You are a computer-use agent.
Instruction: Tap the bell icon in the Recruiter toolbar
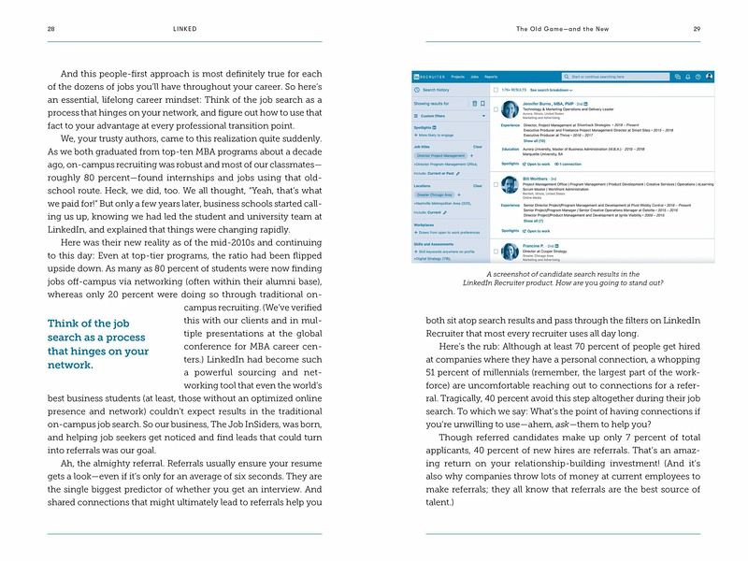tap(687, 77)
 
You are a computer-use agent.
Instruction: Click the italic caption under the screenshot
tap(574, 276)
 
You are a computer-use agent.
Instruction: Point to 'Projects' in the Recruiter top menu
tap(457, 77)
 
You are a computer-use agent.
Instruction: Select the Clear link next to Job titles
tap(478, 147)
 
